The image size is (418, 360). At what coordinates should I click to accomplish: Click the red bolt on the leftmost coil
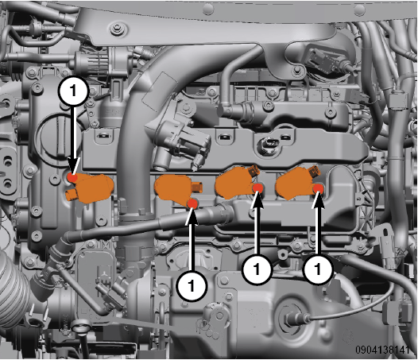tap(72, 177)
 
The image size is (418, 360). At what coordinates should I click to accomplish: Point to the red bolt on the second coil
tap(192, 204)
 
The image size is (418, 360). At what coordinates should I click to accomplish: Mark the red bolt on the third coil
tap(257, 188)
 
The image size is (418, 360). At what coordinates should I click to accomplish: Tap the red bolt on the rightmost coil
tap(318, 189)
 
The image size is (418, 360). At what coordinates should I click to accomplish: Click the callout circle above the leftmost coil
tap(73, 91)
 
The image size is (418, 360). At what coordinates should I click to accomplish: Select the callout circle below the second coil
tap(192, 285)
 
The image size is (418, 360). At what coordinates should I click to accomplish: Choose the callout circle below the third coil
tap(257, 269)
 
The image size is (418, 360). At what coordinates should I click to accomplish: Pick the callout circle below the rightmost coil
tap(318, 269)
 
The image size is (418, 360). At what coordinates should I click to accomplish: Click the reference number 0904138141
tap(382, 350)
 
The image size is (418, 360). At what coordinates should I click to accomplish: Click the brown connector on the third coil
tap(254, 171)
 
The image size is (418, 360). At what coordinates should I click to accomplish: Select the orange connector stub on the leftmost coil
tap(72, 196)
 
